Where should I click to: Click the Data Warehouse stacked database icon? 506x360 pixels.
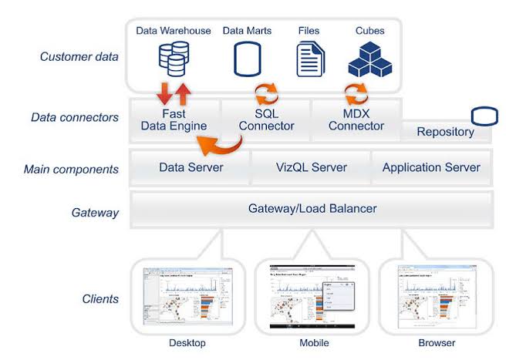(x=173, y=59)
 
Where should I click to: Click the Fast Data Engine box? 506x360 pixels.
(x=174, y=120)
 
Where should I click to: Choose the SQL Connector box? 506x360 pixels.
(x=265, y=120)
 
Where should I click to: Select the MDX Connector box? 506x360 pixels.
(x=356, y=120)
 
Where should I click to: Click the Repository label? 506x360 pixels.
(x=445, y=132)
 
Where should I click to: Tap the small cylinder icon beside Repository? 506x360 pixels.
(x=484, y=117)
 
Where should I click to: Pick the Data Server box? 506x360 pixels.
(x=191, y=167)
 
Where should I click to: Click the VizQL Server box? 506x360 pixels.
(x=311, y=167)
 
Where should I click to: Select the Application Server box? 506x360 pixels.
(x=431, y=167)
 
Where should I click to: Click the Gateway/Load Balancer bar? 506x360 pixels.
(x=311, y=208)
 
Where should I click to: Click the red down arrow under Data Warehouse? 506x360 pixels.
(x=164, y=95)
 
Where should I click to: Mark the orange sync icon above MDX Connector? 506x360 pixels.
(x=356, y=95)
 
